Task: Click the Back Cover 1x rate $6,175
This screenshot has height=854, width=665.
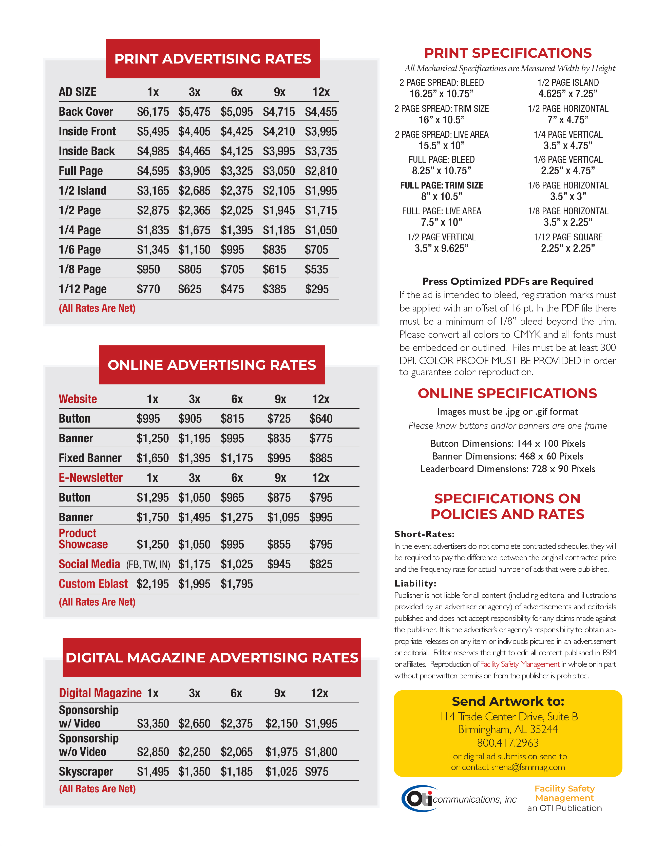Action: (153, 112)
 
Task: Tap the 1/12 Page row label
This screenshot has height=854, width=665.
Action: (83, 289)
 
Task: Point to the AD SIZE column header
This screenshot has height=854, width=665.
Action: (78, 92)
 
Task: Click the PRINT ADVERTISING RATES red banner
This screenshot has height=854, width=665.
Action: (213, 59)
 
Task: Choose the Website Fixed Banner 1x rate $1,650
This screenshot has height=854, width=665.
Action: (152, 458)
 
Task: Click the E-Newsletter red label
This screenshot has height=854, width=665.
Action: (90, 478)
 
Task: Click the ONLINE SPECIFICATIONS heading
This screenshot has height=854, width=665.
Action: (507, 393)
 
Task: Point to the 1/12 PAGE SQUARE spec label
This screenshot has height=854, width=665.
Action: (568, 237)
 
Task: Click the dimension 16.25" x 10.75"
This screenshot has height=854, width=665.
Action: (442, 94)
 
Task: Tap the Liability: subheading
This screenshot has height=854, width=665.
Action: (415, 584)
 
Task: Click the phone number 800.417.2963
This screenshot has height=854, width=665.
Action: (508, 743)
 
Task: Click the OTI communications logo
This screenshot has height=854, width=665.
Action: (458, 799)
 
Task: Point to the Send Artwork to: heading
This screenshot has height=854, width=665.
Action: (508, 702)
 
